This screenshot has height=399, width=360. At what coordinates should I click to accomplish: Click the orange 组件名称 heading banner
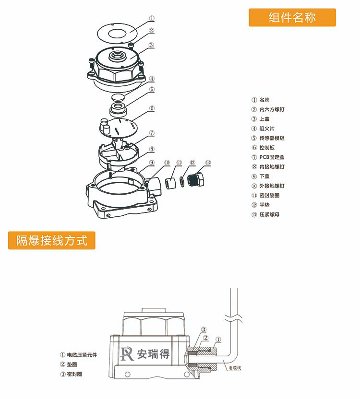[x=292, y=18]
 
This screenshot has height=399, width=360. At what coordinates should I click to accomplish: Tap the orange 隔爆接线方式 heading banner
[x=52, y=240]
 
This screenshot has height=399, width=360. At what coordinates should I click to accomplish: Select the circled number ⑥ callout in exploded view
[x=152, y=108]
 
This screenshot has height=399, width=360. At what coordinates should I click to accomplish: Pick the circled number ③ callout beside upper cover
[x=151, y=45]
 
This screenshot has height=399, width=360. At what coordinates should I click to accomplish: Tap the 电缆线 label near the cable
[x=235, y=368]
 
